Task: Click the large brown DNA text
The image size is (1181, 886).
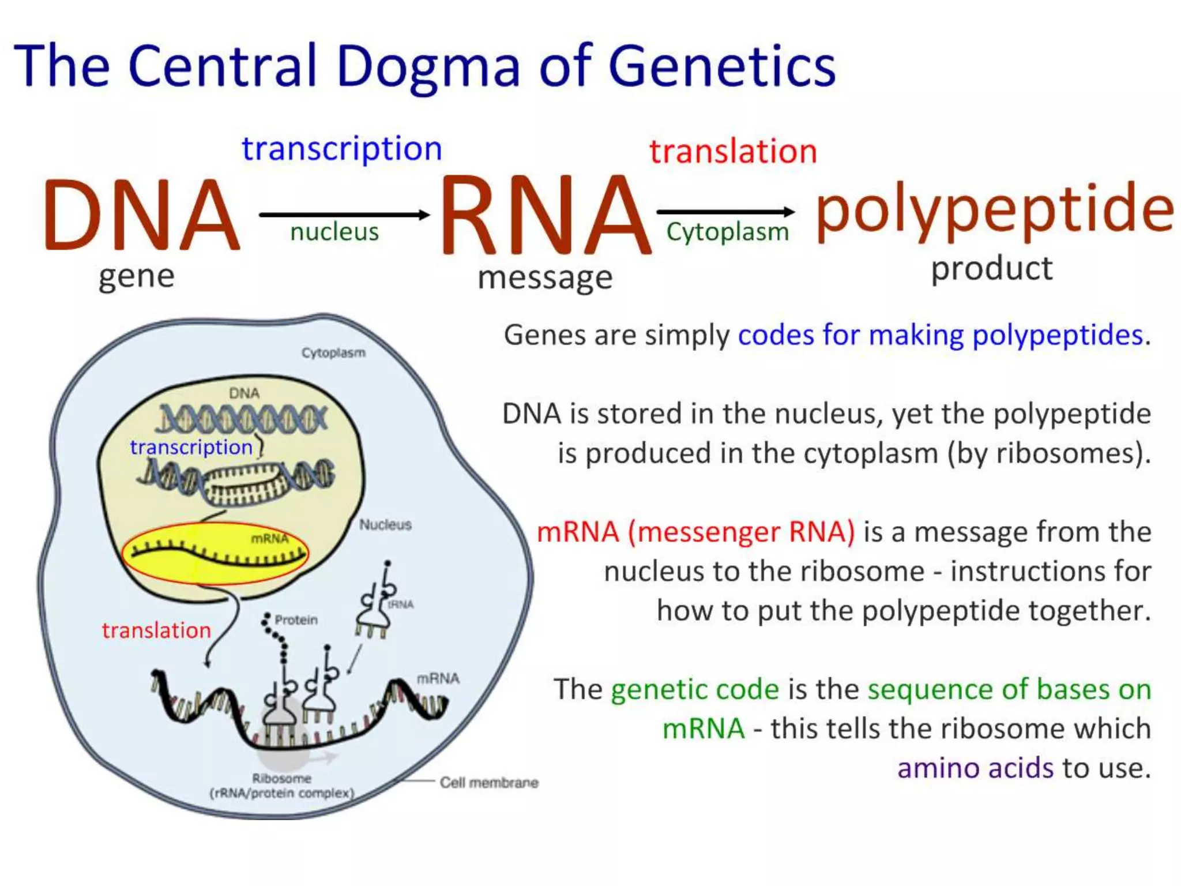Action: tap(141, 215)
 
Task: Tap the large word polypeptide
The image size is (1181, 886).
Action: tap(994, 209)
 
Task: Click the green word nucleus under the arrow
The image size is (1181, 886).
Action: tap(334, 232)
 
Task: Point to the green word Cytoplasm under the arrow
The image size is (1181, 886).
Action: tap(727, 232)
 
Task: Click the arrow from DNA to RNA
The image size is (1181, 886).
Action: tap(344, 215)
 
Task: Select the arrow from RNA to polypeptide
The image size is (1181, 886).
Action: tap(725, 212)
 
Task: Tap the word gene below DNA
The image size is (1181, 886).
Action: tap(136, 276)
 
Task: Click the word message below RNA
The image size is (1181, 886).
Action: tap(544, 278)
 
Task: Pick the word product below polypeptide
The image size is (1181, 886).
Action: tap(991, 269)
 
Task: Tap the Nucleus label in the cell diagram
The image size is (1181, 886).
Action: tap(385, 524)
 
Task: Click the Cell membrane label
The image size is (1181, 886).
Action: tap(489, 783)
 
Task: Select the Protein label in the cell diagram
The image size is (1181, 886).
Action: tap(296, 620)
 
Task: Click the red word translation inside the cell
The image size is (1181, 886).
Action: tap(156, 630)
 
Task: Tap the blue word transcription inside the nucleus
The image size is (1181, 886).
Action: tap(191, 447)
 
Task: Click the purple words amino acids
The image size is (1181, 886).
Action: tap(975, 768)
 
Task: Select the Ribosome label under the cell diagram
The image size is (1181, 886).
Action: tap(281, 779)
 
